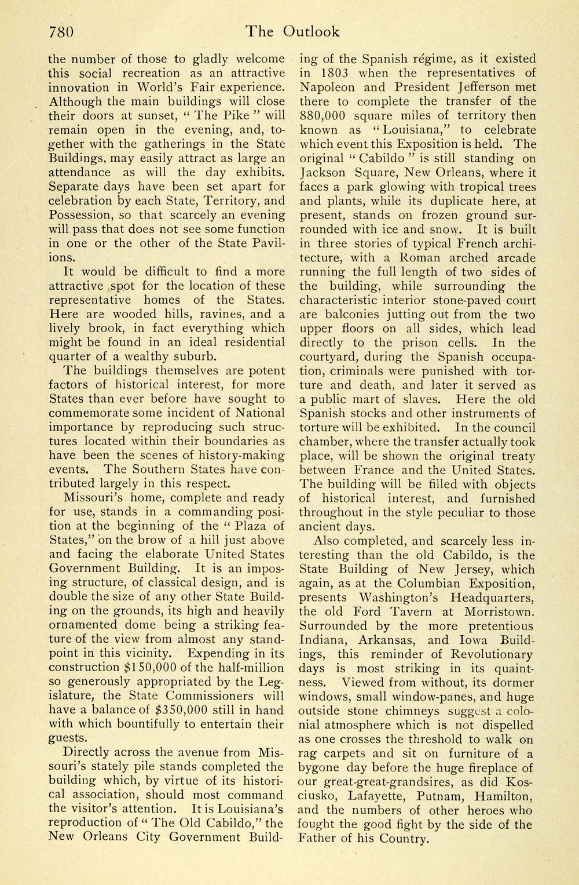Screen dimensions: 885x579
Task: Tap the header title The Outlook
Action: (x=292, y=31)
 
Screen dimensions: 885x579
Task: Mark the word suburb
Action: (x=195, y=356)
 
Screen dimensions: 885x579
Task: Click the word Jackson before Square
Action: (x=324, y=172)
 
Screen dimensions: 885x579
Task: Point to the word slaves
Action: (x=421, y=399)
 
